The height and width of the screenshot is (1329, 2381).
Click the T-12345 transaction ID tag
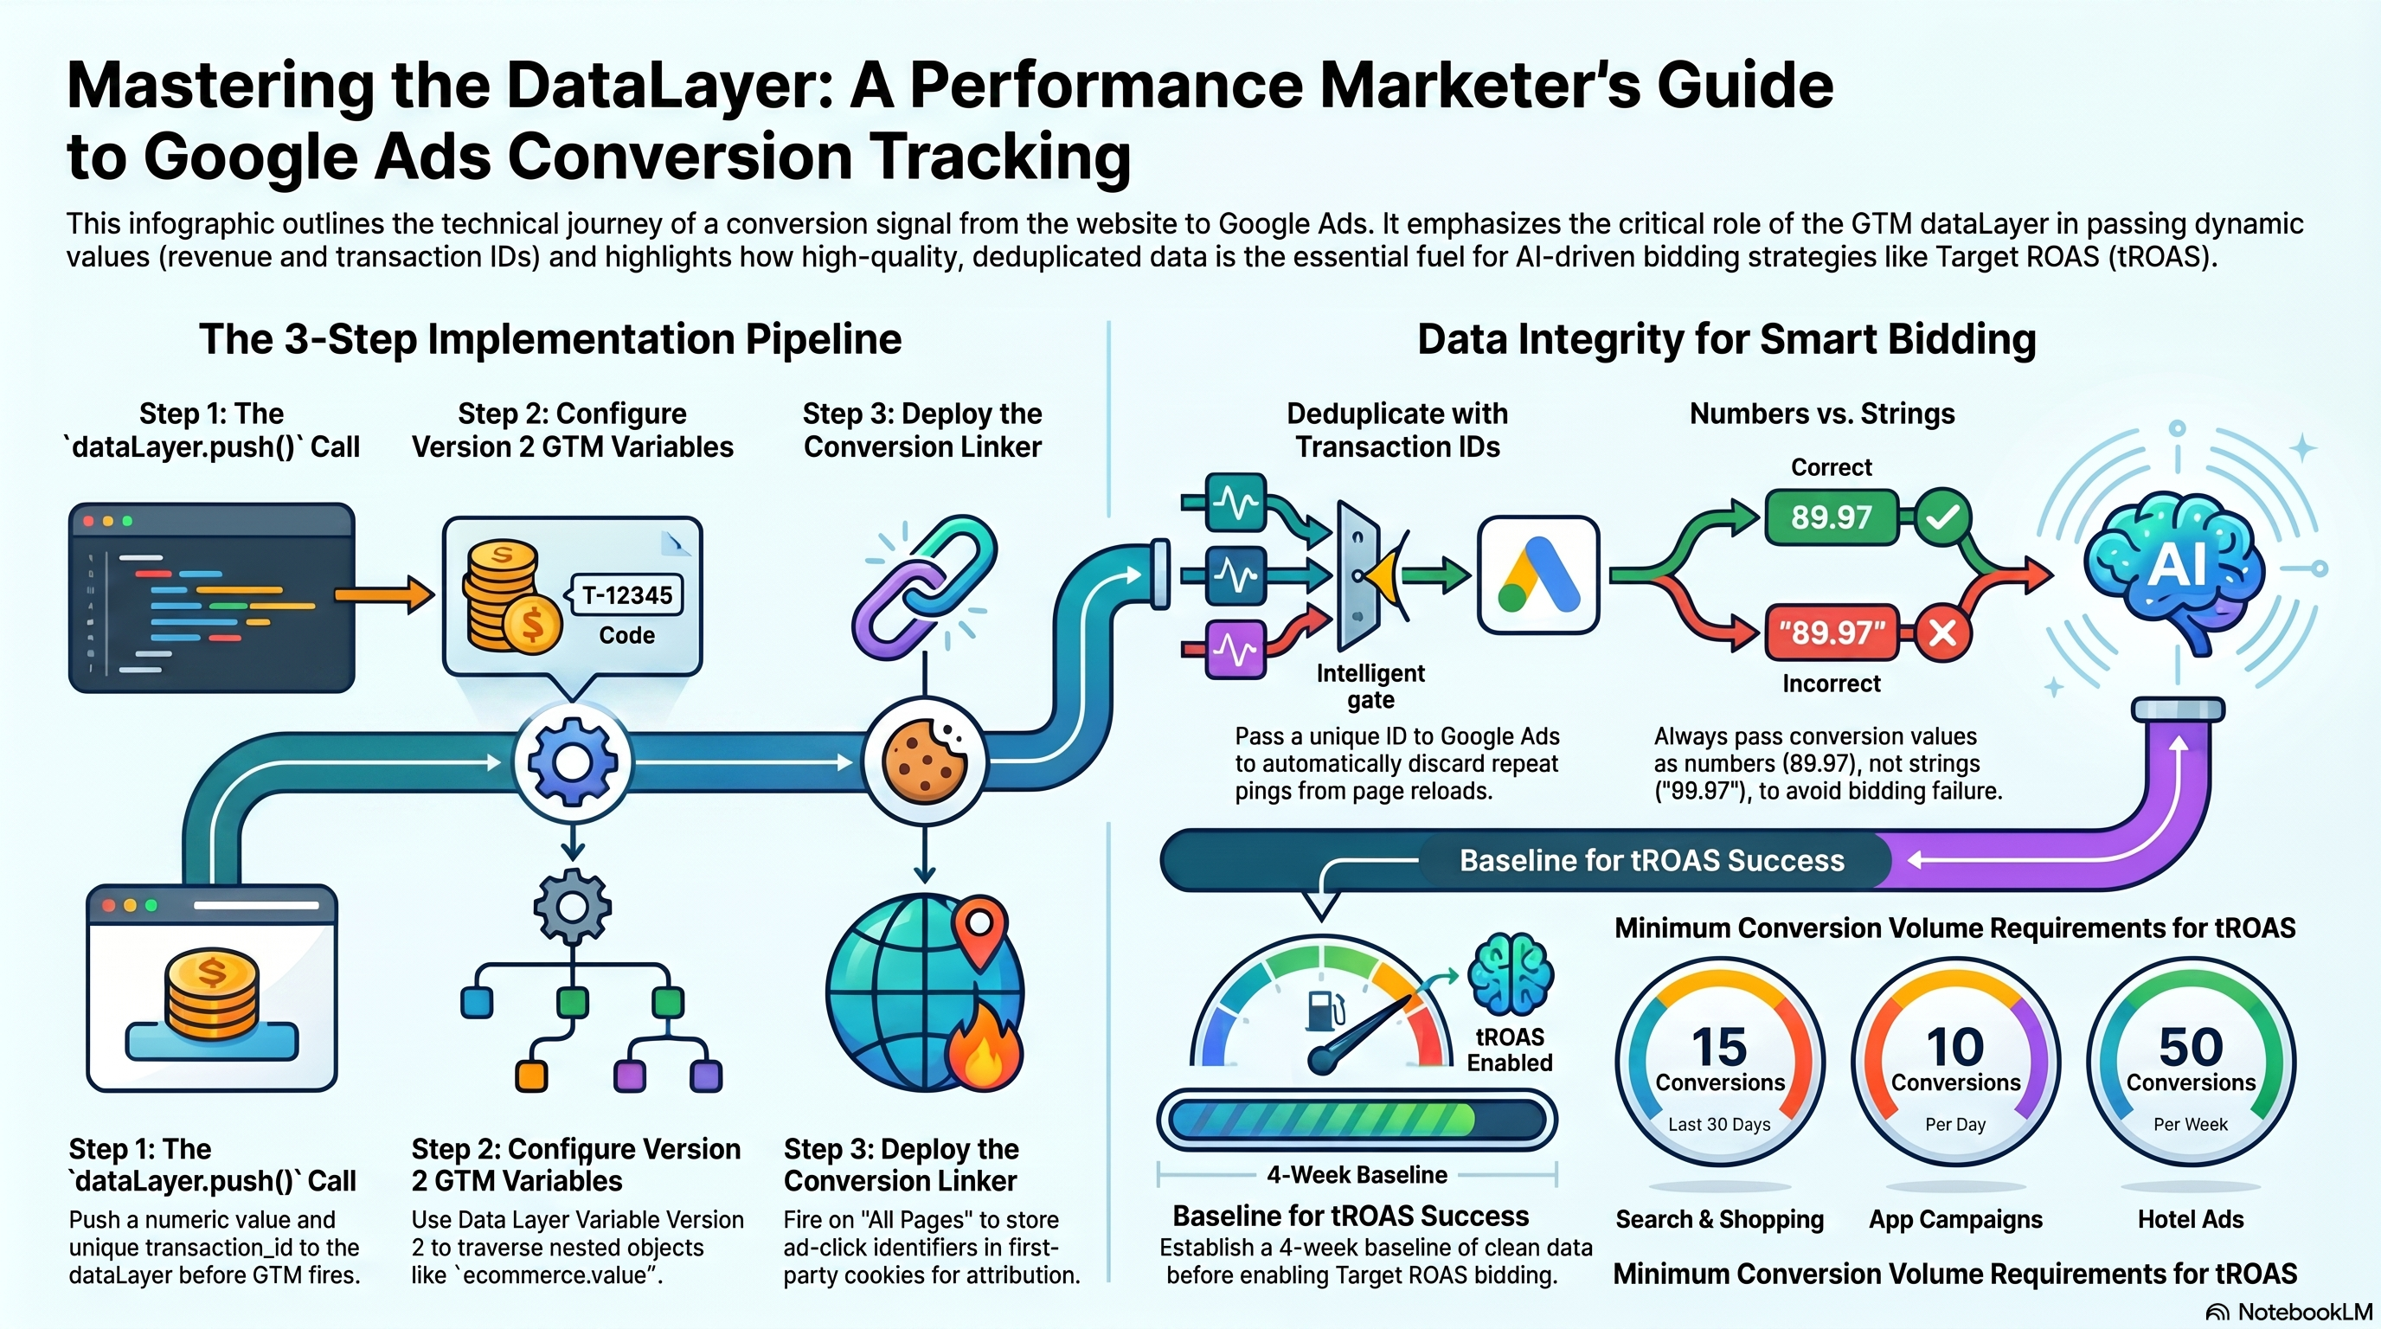626,595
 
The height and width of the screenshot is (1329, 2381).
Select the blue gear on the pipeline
572,762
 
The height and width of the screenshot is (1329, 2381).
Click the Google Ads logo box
1538,575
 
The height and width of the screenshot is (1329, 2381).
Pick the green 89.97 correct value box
1831,517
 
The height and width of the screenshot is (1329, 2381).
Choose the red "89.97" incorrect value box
1831,633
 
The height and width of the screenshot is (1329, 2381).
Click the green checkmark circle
1942,517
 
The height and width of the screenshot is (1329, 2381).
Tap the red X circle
1942,633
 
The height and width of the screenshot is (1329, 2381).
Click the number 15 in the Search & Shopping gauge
1719,1047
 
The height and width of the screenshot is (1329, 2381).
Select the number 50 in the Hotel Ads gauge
2191,1047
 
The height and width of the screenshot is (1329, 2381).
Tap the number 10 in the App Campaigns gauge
1955,1047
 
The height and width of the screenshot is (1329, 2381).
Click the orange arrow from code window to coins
383,594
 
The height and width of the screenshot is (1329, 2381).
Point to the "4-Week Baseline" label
1357,1175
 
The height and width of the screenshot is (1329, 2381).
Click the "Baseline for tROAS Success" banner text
1652,860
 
